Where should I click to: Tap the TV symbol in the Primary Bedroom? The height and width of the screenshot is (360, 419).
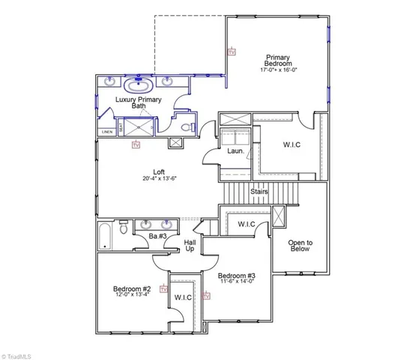click(231, 52)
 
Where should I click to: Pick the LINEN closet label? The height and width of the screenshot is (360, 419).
click(106, 133)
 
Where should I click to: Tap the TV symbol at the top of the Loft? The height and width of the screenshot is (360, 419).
click(136, 145)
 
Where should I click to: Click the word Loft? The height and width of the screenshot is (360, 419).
click(159, 171)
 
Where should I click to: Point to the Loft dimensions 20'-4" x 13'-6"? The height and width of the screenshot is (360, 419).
click(159, 179)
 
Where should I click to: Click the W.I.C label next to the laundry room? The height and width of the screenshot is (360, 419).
click(292, 145)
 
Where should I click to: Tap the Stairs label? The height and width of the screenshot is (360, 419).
click(259, 191)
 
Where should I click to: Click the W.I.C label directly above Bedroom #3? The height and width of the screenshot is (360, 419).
click(247, 224)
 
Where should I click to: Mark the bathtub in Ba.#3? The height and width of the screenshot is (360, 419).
click(106, 235)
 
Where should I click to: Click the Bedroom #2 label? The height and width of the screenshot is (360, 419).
click(132, 288)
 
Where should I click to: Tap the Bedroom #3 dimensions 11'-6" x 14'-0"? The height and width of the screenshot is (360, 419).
click(237, 283)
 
